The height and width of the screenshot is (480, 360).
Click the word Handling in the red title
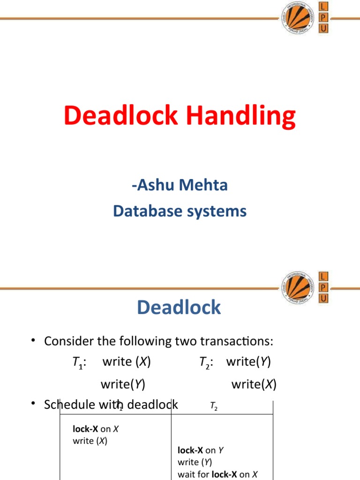coord(241,116)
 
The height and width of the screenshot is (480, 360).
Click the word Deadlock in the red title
coord(121,115)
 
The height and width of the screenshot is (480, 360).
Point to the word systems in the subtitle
coord(217,212)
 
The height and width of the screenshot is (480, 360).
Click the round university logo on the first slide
coord(298,18)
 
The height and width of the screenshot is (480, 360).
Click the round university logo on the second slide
coord(298,287)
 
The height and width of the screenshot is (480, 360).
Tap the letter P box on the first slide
coord(323,17)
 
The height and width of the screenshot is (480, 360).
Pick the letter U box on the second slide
coord(323,298)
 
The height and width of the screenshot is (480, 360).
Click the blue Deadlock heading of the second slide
coord(179,307)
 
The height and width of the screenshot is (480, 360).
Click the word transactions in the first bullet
coord(237,341)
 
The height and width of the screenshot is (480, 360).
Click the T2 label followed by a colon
coord(206,362)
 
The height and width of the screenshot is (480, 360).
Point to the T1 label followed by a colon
coord(79,362)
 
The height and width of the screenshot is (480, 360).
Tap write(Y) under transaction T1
coord(123,384)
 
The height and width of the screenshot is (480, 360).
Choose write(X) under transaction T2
coord(254,384)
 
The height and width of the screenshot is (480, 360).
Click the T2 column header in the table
coord(214,406)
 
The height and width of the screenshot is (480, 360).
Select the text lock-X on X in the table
coord(96,429)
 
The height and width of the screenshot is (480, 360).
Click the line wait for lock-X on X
coord(217,474)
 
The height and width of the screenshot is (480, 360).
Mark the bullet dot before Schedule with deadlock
coord(33,403)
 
